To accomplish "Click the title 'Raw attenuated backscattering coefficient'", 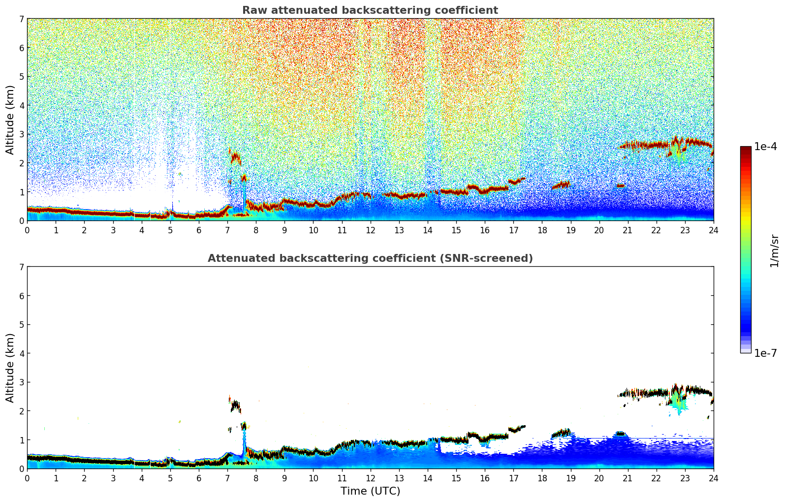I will click(x=370, y=10).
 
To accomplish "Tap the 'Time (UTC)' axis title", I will click(x=370, y=491).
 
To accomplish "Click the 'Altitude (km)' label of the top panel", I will click(x=10, y=120).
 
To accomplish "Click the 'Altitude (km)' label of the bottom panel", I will click(x=10, y=368).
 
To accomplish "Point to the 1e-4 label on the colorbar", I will click(x=765, y=147).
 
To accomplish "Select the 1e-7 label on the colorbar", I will click(x=765, y=353).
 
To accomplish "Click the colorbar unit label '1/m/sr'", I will click(x=774, y=251).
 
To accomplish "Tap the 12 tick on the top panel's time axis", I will click(x=370, y=230).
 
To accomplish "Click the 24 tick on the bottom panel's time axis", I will click(x=713, y=478).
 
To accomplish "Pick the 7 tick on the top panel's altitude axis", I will click(x=21, y=19).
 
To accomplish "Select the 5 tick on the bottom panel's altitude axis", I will click(x=21, y=324).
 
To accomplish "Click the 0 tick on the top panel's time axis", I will click(x=27, y=230).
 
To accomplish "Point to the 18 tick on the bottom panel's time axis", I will click(x=542, y=478).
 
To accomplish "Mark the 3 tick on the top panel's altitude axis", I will click(x=21, y=134).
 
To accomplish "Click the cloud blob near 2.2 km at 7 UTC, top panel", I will click(x=235, y=158).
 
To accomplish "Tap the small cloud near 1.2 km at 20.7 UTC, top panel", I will click(x=621, y=186).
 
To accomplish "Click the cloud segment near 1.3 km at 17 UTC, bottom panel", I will click(x=516, y=429).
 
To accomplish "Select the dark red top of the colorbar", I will click(x=745, y=149).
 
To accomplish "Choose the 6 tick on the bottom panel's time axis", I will click(x=199, y=478).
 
